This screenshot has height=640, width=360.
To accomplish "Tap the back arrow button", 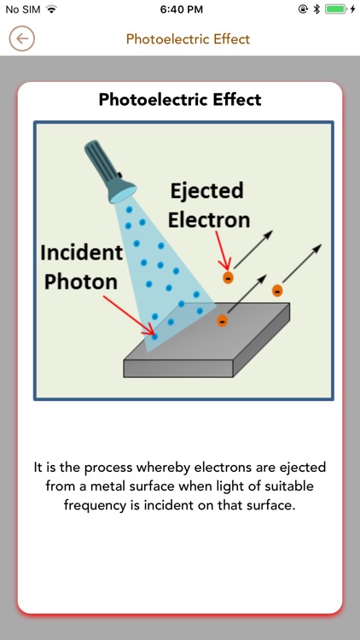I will pos(22,38).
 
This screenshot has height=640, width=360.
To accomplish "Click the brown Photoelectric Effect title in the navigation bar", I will pos(188,39).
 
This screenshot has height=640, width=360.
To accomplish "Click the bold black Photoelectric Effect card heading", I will pos(180,100).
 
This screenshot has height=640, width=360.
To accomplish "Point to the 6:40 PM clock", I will pos(180,9).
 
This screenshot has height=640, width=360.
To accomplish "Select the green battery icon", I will pos(337,9).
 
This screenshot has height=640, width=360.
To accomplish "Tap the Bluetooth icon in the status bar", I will pos(316,9).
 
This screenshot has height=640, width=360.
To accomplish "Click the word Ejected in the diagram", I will pos(206,191).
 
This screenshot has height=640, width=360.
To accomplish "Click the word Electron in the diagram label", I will pos(209,219).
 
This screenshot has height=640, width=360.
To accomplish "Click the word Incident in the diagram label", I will pos(82,253).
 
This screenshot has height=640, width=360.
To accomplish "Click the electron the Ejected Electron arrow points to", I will pos(228,277).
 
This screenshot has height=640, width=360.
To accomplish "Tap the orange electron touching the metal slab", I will pos(223,321).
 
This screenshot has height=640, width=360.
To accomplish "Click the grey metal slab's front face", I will pos(179,368).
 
